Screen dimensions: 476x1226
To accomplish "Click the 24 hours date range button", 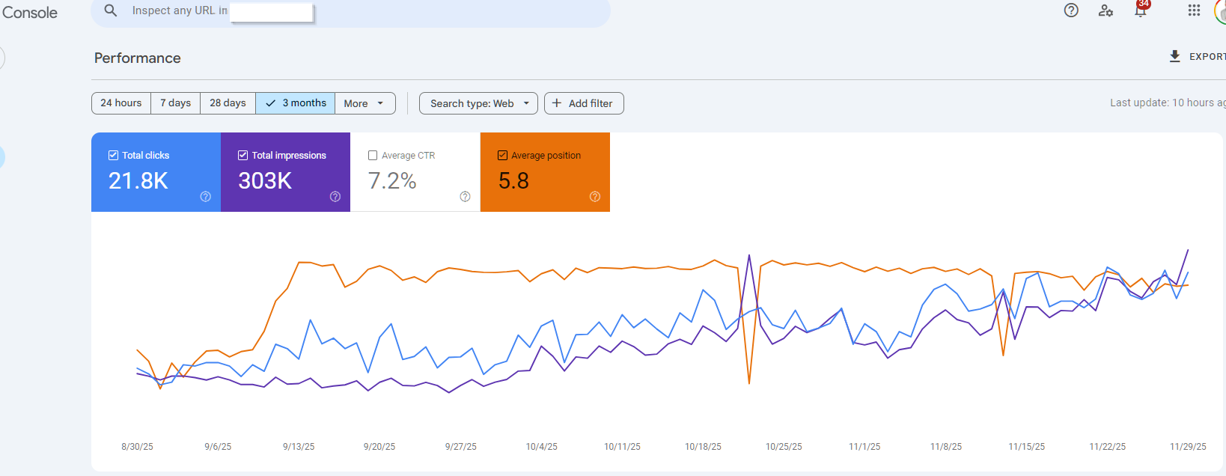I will pyautogui.click(x=121, y=103).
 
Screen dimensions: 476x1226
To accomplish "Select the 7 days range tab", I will pyautogui.click(x=175, y=103).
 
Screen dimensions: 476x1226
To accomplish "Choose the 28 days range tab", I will pyautogui.click(x=228, y=103).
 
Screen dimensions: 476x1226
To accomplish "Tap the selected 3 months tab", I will pyautogui.click(x=296, y=103).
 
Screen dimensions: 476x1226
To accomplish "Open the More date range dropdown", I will pyautogui.click(x=364, y=103).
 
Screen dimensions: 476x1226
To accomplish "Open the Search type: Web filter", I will pyautogui.click(x=478, y=103).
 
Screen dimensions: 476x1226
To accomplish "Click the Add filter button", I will pyautogui.click(x=584, y=103).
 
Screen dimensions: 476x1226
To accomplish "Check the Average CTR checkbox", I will pyautogui.click(x=373, y=156).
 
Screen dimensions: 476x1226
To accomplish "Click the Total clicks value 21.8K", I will pyautogui.click(x=138, y=181).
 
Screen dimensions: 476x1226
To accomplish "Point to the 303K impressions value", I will pyautogui.click(x=265, y=181).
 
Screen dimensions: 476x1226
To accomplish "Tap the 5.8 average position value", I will pyautogui.click(x=513, y=181).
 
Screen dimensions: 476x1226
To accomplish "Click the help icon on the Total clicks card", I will pyautogui.click(x=206, y=197).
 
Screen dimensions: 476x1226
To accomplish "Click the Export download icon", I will pyautogui.click(x=1175, y=56).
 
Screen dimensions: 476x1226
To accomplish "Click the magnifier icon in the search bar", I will pyautogui.click(x=111, y=10).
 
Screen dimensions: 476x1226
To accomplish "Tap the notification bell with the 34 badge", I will pyautogui.click(x=1141, y=10).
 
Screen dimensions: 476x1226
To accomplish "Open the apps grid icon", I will pyautogui.click(x=1194, y=10).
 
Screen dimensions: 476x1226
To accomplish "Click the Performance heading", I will pyautogui.click(x=138, y=58).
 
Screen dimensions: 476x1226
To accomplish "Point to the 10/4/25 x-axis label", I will pyautogui.click(x=541, y=447).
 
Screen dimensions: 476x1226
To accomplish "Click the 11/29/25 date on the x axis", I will pyautogui.click(x=1188, y=447).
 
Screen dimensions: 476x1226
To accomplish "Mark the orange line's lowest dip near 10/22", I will pyautogui.click(x=749, y=383).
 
